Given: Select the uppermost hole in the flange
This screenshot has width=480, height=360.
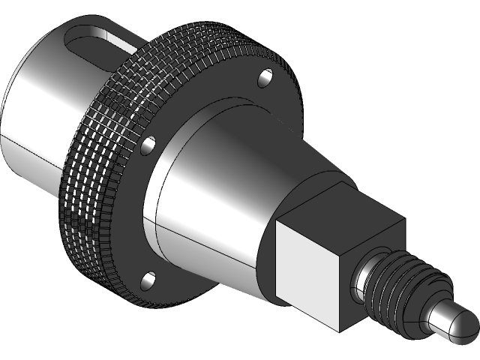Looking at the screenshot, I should (x=266, y=76).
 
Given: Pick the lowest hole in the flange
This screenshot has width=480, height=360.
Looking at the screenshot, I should (x=147, y=280).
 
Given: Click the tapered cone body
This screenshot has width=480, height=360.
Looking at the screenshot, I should (x=210, y=195).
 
